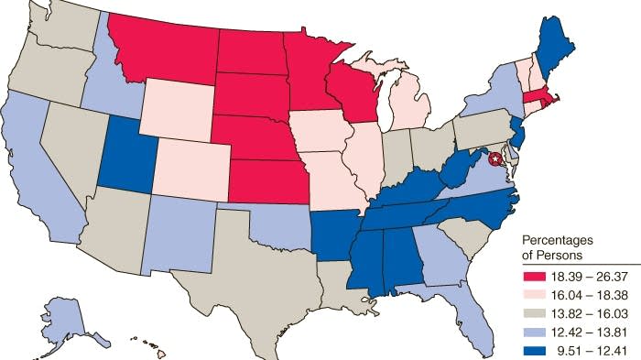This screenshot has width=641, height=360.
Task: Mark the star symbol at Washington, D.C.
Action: (x=494, y=159)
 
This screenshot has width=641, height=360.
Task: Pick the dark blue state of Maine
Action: (x=552, y=50)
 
